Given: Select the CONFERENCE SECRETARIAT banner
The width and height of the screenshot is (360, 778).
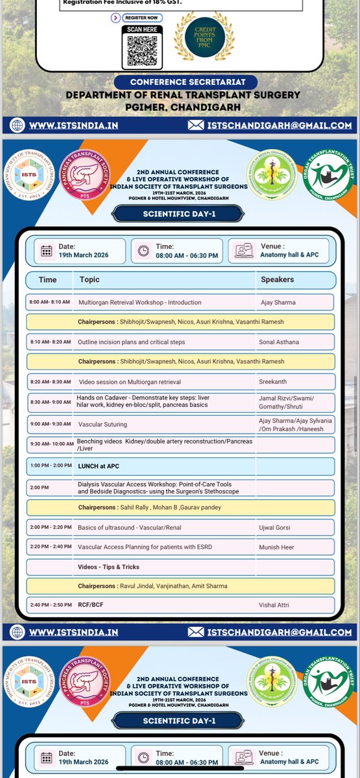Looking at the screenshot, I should tap(185, 82).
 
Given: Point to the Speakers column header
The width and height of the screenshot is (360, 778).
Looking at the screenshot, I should tap(277, 279).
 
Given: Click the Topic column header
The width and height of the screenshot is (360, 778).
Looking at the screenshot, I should tap(90, 279).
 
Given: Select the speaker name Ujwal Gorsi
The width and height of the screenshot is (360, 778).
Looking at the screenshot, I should tap(276, 528).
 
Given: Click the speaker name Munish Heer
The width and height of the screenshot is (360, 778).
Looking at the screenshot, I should tap(277, 548).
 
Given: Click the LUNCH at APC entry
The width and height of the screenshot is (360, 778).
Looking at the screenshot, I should tap(100, 467).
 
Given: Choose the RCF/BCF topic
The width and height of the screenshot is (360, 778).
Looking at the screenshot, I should tap(91, 605).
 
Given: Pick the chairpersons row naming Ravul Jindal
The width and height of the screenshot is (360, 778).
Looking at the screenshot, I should tap(172, 586).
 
